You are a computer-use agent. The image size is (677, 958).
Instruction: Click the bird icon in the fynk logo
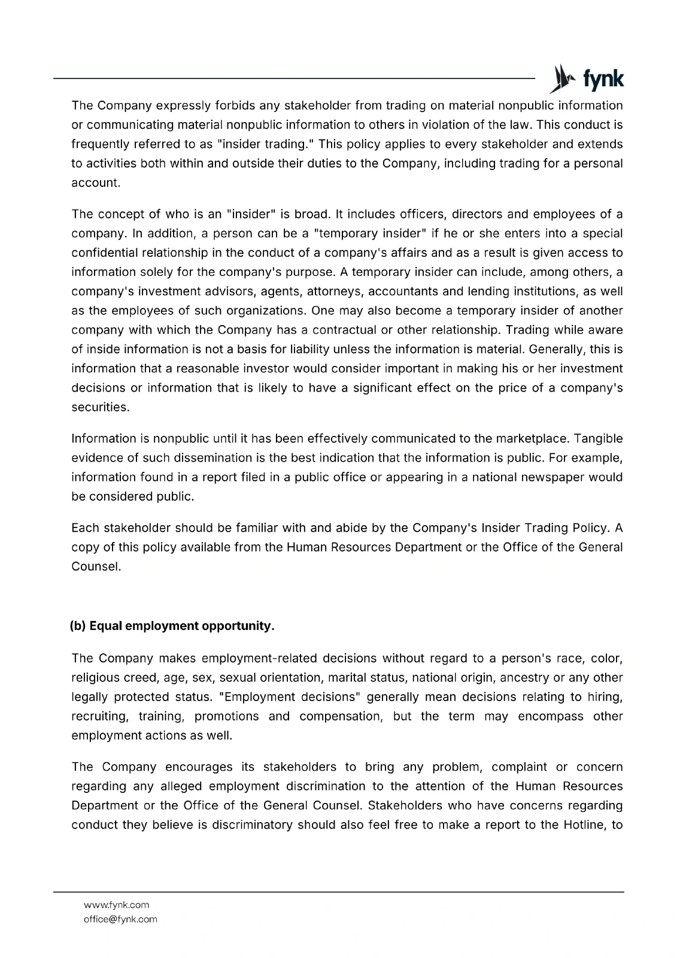pyautogui.click(x=560, y=78)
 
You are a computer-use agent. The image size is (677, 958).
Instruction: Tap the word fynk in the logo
pyautogui.click(x=603, y=80)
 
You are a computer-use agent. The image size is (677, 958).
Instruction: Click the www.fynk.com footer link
pyautogui.click(x=117, y=905)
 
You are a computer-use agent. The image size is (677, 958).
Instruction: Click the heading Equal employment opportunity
pyautogui.click(x=172, y=626)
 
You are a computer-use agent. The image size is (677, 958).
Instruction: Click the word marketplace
pyautogui.click(x=529, y=439)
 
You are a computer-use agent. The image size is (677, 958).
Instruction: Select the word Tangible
pyautogui.click(x=598, y=439)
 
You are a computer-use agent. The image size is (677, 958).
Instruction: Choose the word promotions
pyautogui.click(x=227, y=716)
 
